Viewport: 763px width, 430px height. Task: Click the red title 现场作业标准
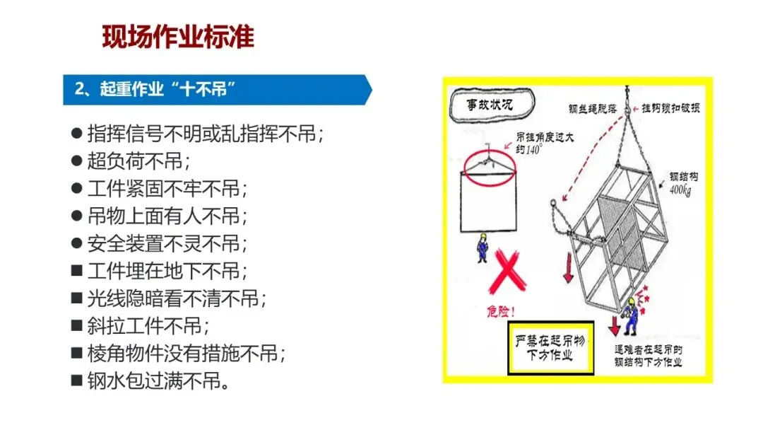point(178,37)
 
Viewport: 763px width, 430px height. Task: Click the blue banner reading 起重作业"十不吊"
point(217,90)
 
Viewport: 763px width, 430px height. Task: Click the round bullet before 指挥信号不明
point(76,134)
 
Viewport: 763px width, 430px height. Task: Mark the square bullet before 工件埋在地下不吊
point(76,271)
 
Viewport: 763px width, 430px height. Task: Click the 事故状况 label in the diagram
point(490,104)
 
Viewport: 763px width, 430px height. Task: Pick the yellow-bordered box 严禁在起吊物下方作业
point(550,348)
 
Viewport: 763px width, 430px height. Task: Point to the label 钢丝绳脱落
point(592,109)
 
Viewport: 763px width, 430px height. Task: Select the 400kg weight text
point(680,190)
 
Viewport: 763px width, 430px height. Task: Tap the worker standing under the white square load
point(483,248)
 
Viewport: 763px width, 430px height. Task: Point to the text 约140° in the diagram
point(528,149)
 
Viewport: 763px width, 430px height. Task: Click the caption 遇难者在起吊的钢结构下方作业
point(648,356)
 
